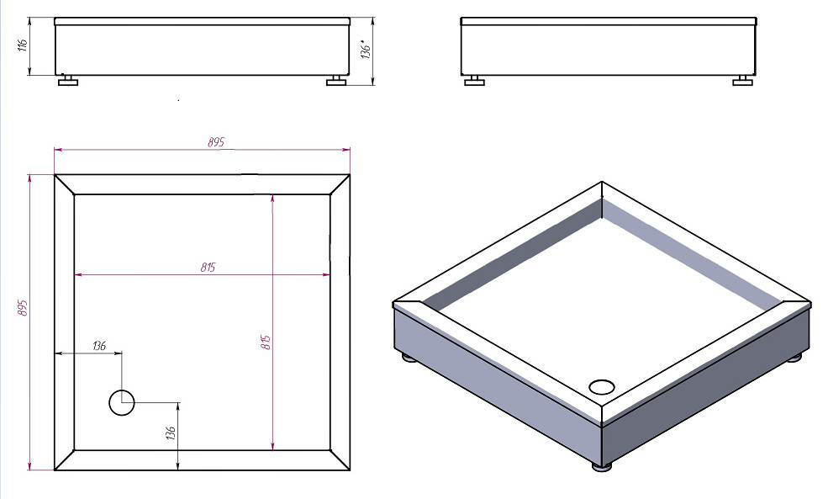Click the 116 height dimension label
click(x=23, y=45)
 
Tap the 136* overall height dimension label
click(x=366, y=49)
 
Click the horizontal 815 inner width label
click(x=208, y=267)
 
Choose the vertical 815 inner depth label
click(x=266, y=342)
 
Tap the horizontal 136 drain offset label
click(x=98, y=346)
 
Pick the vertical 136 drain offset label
click(x=170, y=433)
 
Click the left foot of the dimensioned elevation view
click(x=67, y=80)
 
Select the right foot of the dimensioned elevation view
click(x=336, y=80)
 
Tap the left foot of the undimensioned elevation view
click(x=474, y=80)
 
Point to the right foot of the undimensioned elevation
click(x=742, y=80)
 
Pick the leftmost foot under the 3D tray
click(x=409, y=358)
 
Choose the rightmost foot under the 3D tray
click(x=794, y=358)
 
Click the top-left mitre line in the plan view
click(x=65, y=184)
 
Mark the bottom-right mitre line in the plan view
click(x=340, y=460)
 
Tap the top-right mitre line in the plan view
click(x=340, y=184)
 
